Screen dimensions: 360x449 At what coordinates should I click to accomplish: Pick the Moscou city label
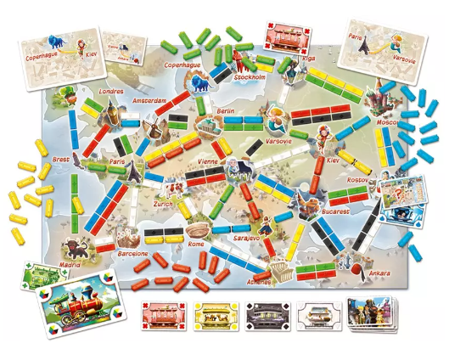[x=388, y=122]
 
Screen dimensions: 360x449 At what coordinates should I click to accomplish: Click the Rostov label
[x=360, y=181]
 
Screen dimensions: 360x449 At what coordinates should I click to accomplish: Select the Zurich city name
[x=164, y=205]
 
